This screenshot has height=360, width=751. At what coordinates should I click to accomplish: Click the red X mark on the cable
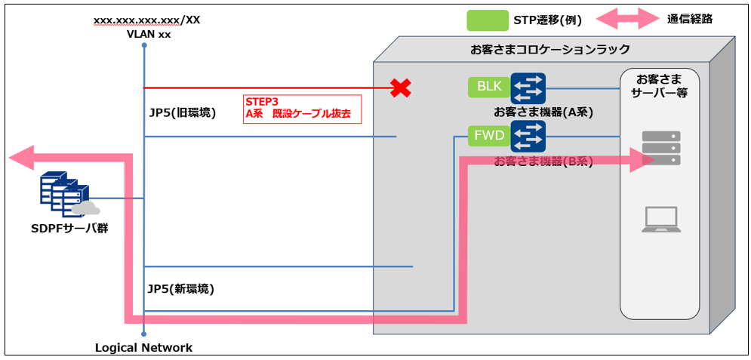400,88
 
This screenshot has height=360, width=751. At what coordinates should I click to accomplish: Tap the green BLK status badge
488,87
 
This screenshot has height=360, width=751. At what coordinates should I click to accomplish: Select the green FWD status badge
488,137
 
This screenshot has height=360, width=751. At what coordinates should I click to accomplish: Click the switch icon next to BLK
528,88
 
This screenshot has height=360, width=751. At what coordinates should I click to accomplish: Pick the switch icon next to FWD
528,137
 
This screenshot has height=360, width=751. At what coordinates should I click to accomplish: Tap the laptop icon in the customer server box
660,219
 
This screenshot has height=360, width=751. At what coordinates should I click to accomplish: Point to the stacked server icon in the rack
660,148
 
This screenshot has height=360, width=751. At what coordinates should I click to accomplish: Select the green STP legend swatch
488,20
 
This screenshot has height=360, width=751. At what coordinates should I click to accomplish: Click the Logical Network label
143,348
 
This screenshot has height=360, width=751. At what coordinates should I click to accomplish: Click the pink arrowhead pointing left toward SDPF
23,157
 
